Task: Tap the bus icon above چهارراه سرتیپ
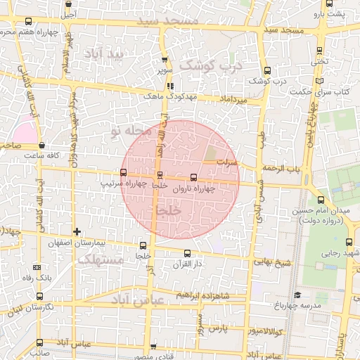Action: click(124, 172)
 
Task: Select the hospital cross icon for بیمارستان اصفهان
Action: click(77, 231)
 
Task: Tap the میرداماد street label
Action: click(234, 102)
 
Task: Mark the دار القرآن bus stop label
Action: click(187, 264)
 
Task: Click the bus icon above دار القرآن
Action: click(187, 254)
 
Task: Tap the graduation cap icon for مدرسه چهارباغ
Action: click(297, 295)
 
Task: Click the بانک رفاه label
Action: click(38, 278)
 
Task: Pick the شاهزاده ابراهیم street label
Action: click(205, 294)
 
